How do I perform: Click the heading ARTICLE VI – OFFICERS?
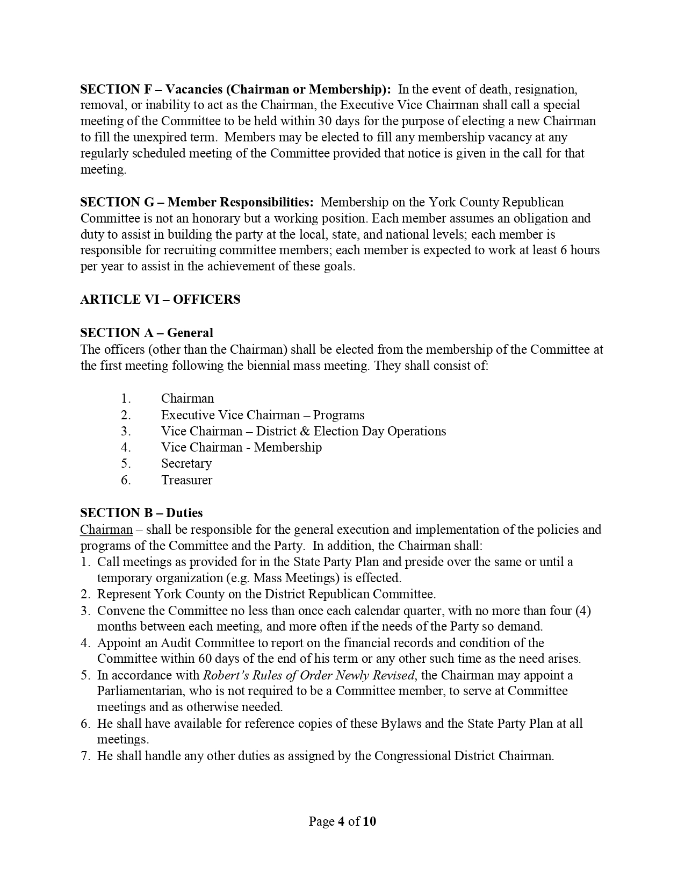pos(160,299)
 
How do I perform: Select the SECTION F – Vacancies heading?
pos(235,89)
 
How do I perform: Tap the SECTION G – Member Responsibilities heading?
pos(197,202)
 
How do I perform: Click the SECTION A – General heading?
pos(147,333)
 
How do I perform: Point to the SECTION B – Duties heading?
pos(141,513)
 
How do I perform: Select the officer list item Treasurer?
pos(186,480)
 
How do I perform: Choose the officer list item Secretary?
pos(186,463)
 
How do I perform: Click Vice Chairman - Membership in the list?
pos(241,447)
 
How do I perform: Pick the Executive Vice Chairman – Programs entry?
pos(262,415)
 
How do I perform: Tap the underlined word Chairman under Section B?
pos(106,530)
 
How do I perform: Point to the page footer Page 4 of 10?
pos(342,821)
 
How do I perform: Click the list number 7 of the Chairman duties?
pos(85,756)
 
